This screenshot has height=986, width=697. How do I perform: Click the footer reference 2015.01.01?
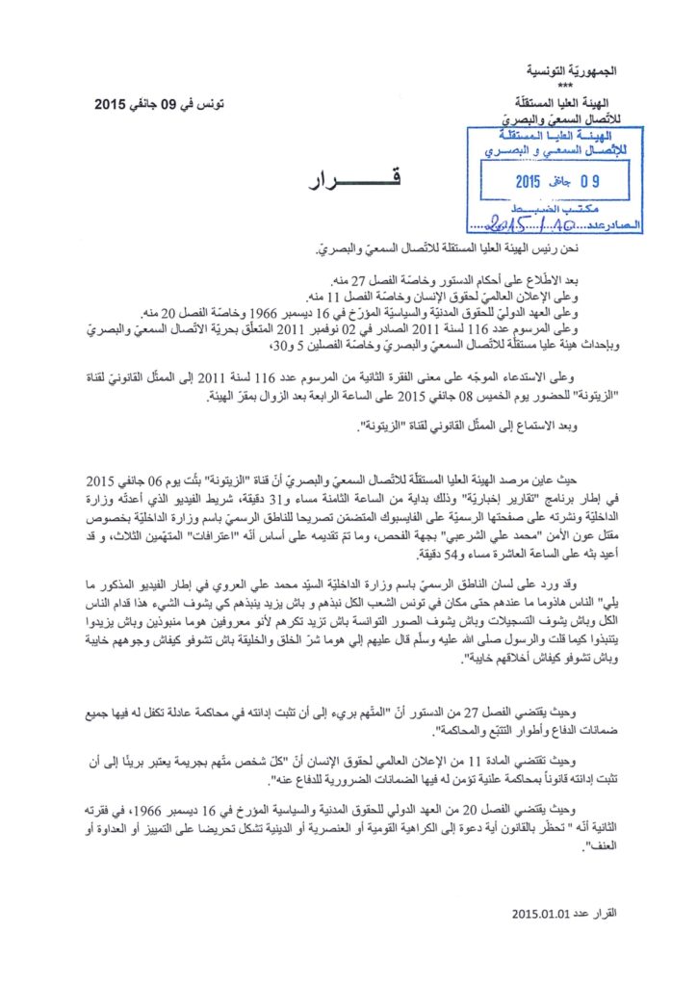point(545,913)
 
